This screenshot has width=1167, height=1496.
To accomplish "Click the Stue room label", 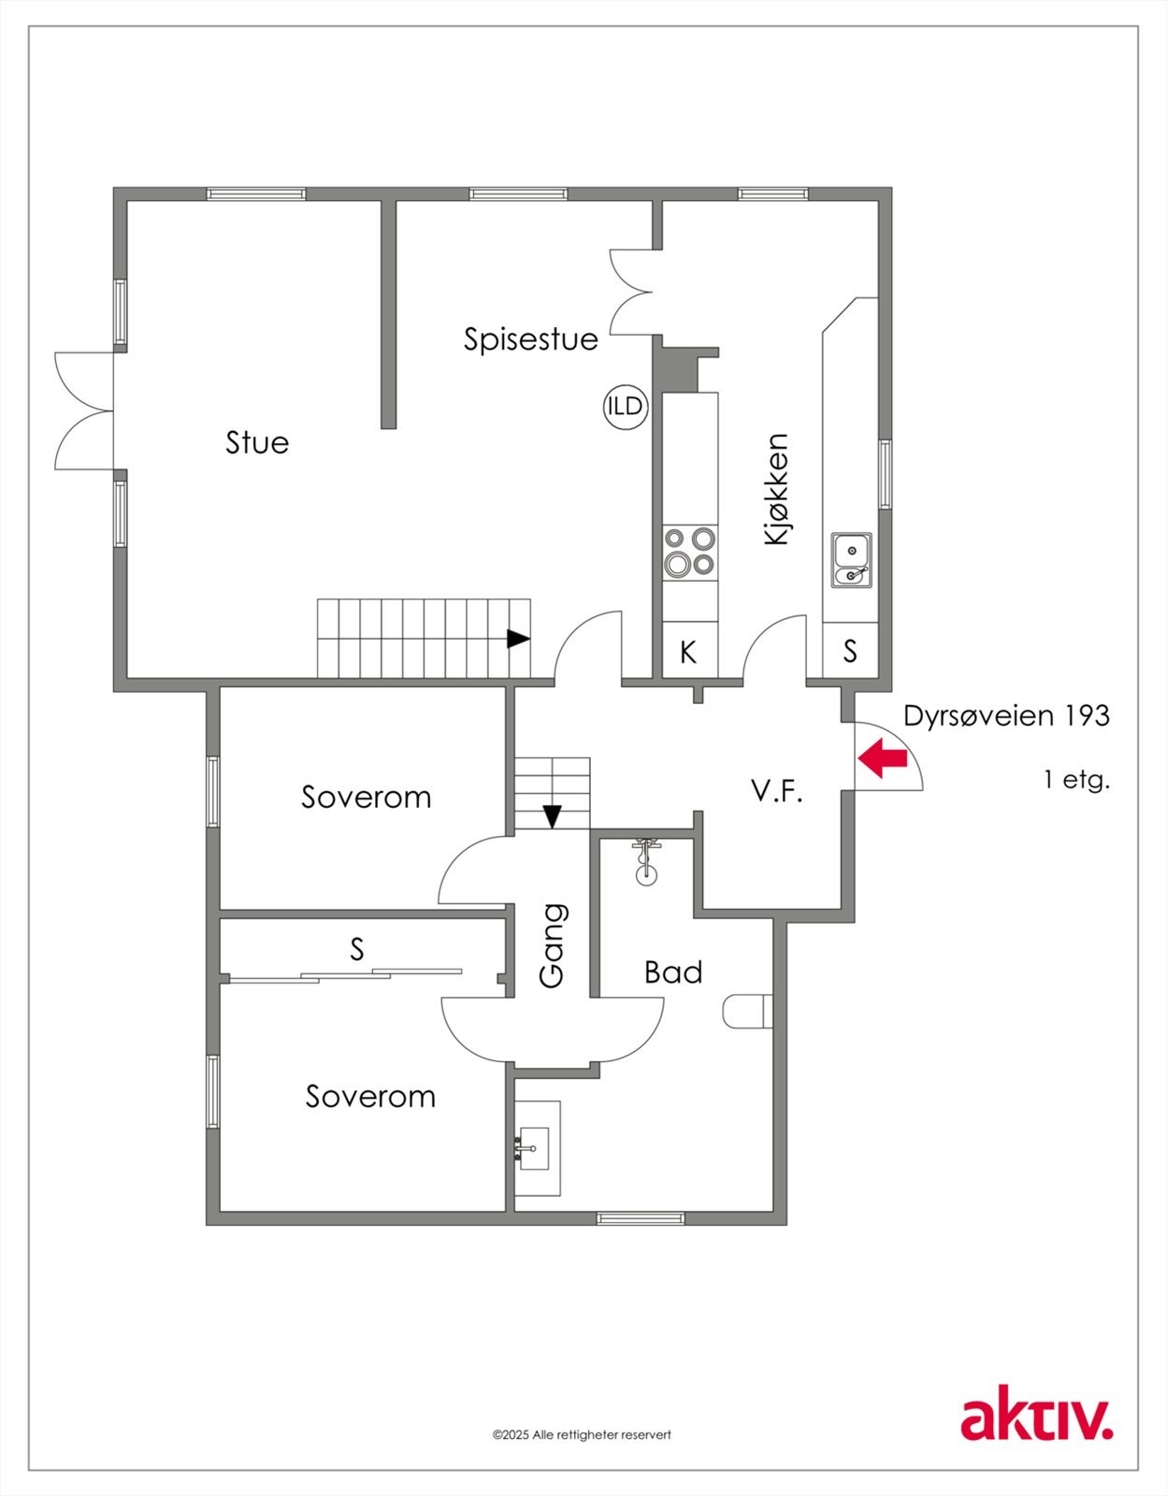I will pyautogui.click(x=257, y=442).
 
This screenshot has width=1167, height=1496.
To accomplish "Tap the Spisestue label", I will pyautogui.click(x=530, y=338).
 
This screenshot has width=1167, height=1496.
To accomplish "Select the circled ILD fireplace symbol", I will pyautogui.click(x=625, y=407).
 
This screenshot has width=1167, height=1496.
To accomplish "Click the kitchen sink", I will pyautogui.click(x=851, y=560).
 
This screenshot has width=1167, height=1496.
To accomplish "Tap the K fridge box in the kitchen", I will pyautogui.click(x=689, y=652).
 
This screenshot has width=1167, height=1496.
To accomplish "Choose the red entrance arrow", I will pyautogui.click(x=883, y=758).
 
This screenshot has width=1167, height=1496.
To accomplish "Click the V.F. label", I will pyautogui.click(x=777, y=792).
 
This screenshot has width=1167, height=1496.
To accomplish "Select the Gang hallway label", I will pyautogui.click(x=553, y=945).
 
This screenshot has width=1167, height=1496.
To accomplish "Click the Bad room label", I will pyautogui.click(x=672, y=972).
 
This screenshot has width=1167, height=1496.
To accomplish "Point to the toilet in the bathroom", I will pyautogui.click(x=748, y=1012).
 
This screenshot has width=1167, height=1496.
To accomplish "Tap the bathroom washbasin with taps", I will pyautogui.click(x=536, y=1147).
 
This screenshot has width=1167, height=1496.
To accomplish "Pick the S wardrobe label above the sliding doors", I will pyautogui.click(x=356, y=949).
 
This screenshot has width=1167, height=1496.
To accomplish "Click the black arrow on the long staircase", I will pyautogui.click(x=518, y=640).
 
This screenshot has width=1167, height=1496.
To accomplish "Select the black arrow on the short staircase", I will pyautogui.click(x=553, y=816).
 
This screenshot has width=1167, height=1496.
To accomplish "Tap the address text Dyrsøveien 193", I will pyautogui.click(x=1006, y=716).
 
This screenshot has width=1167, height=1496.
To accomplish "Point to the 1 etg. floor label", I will pyautogui.click(x=1076, y=779).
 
